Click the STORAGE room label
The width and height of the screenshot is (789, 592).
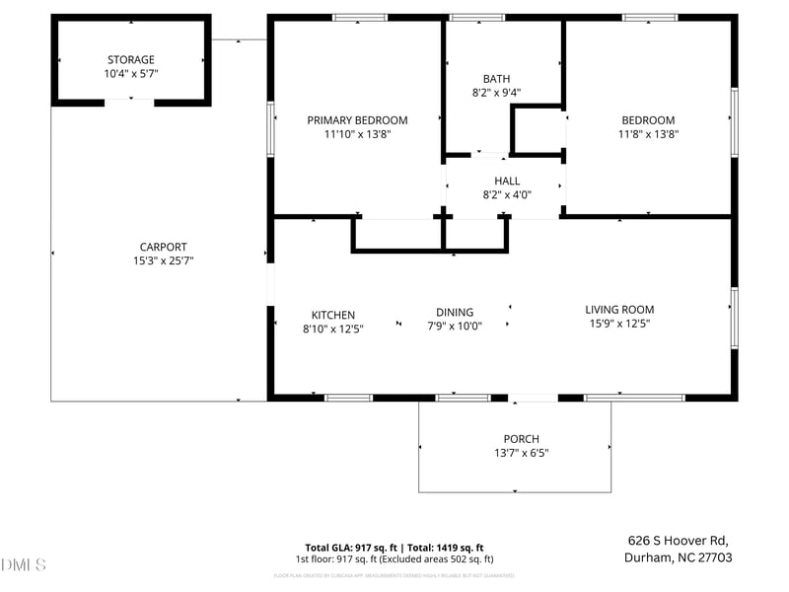coord(130,60)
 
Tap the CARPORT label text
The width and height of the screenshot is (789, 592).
coord(163,248)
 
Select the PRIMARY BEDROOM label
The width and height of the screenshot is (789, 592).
coord(357,120)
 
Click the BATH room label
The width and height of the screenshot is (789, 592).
coord(497,79)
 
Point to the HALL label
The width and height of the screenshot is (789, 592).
coord(507,181)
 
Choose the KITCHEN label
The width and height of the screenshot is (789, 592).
coord(333,316)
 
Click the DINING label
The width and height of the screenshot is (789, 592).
coord(455,312)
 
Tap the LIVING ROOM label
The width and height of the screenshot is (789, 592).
coord(619,309)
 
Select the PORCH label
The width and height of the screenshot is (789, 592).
coord(521,439)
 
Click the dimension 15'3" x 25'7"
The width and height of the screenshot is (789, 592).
coord(163,261)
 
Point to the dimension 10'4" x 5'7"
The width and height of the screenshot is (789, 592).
coord(130,74)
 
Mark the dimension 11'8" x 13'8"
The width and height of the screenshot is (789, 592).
coord(648,134)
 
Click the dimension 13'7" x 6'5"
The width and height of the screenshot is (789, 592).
coord(521,453)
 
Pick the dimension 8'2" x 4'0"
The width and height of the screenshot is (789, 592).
coord(507,194)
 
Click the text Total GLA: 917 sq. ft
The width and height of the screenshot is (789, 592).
coord(352,548)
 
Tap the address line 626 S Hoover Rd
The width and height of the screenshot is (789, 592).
coord(678,540)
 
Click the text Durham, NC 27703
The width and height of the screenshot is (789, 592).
coord(678,556)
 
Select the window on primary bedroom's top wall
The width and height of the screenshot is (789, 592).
coord(359,17)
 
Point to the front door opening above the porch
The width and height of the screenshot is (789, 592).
coord(534,398)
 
